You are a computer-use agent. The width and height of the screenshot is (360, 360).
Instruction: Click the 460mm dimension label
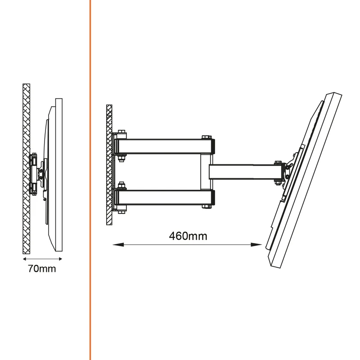click(x=188, y=236)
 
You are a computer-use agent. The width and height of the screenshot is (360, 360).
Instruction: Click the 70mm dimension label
click(x=42, y=269)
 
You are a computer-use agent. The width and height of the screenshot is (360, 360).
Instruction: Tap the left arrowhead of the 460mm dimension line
click(x=118, y=245)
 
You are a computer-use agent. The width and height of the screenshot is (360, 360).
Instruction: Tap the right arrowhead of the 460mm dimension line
click(x=256, y=245)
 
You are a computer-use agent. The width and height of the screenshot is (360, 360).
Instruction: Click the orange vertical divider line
click(x=90, y=180)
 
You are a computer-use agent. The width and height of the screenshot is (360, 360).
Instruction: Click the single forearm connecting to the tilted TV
click(x=246, y=172)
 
